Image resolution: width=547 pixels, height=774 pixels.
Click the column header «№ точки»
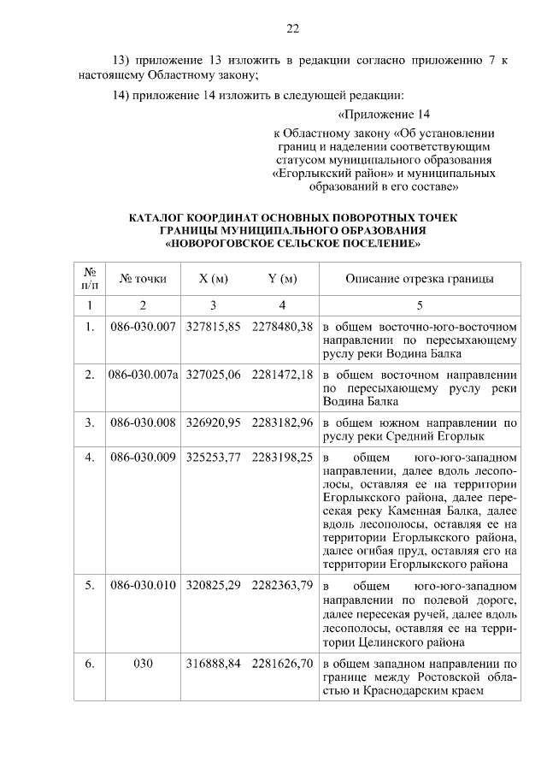click(x=144, y=278)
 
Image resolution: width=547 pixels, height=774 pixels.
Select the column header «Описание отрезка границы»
click(x=419, y=278)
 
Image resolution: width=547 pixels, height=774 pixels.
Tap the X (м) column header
click(x=213, y=278)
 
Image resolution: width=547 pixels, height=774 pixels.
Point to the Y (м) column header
click(x=282, y=278)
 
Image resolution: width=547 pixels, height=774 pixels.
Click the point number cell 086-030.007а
click(x=144, y=375)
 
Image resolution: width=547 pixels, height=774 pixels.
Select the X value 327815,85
click(x=213, y=327)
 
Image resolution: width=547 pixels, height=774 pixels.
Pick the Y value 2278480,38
click(x=283, y=327)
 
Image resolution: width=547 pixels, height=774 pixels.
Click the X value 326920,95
click(x=213, y=422)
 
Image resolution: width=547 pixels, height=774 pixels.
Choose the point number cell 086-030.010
click(x=144, y=587)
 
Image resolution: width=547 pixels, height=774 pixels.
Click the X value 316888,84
click(x=213, y=664)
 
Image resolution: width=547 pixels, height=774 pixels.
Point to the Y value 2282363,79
click(x=283, y=587)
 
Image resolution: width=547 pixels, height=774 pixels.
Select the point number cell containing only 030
click(x=144, y=664)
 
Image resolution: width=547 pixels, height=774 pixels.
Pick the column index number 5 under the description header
click(x=419, y=305)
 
